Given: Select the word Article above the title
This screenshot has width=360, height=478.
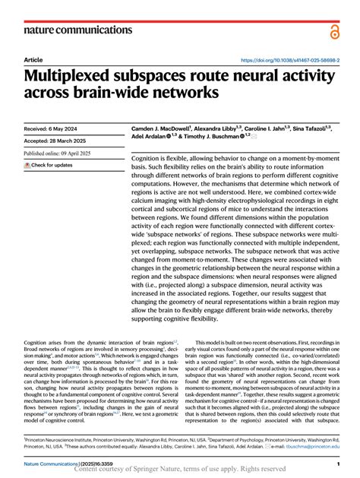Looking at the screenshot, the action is click(33, 59).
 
